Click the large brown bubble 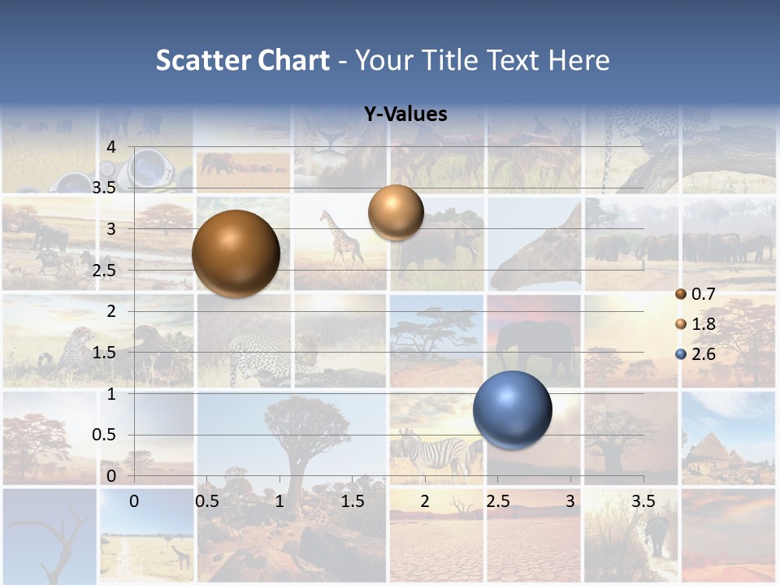coord(236,253)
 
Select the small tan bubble coord(396,212)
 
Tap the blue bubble coord(512,409)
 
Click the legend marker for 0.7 coord(681,294)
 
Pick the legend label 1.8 coord(703,324)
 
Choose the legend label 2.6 coord(703,354)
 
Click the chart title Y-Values coord(405,115)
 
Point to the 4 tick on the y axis coord(112,147)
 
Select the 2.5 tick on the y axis coord(104,271)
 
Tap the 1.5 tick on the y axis coord(104,353)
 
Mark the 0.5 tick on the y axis coord(104,435)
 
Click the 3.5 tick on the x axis coord(643,501)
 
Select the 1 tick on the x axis coord(279,501)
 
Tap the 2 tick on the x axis coord(424,501)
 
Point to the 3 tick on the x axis coord(570,501)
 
